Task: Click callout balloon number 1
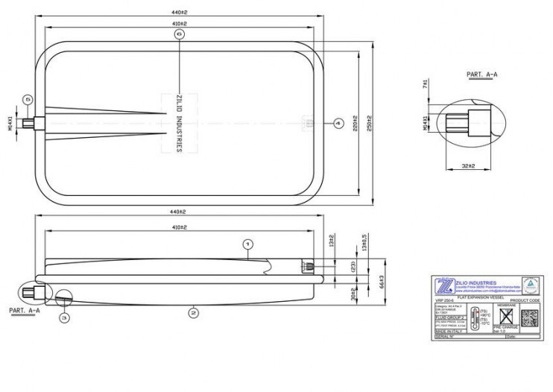(x=249, y=244)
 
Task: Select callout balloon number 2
(x=193, y=312)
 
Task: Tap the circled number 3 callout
(x=64, y=318)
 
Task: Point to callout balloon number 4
(x=337, y=122)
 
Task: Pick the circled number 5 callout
(x=28, y=98)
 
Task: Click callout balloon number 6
(x=178, y=34)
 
